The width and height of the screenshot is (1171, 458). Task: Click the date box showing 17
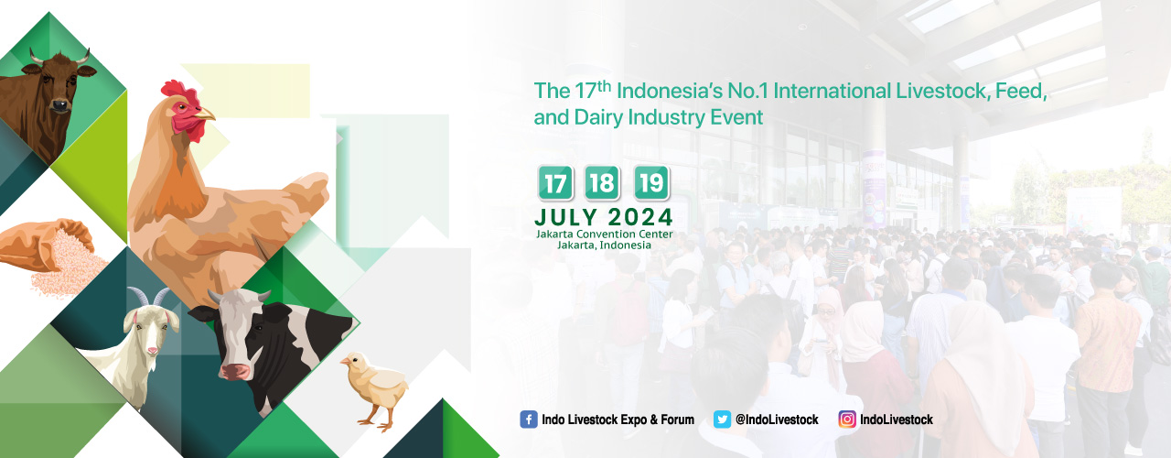[x=555, y=182]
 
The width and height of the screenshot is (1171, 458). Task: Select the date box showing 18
[x=602, y=182]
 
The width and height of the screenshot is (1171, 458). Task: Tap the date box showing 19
[x=652, y=182]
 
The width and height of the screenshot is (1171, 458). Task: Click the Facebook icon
[x=529, y=420]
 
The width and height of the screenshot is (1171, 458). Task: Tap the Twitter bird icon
[x=722, y=420]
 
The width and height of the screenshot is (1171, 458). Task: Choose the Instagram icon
[x=847, y=420]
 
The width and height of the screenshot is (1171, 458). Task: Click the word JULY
[x=566, y=217]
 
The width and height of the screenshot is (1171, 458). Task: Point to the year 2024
[x=640, y=217]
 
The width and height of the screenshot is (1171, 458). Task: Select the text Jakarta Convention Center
[x=605, y=234]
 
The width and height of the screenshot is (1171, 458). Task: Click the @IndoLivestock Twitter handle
[x=777, y=420]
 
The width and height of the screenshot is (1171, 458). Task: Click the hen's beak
[x=206, y=114]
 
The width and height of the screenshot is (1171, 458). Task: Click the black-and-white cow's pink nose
[x=235, y=371]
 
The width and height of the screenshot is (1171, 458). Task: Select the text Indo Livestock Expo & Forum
[x=618, y=420]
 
